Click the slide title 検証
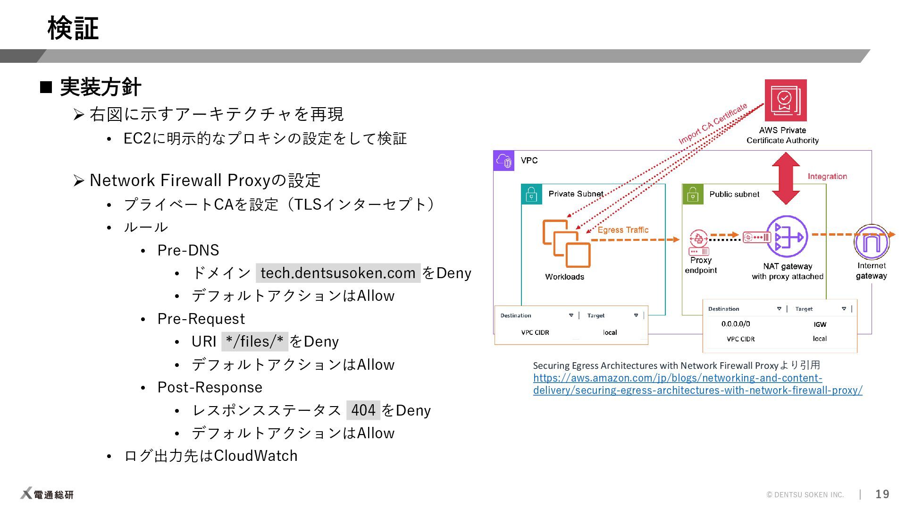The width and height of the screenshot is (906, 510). tap(73, 28)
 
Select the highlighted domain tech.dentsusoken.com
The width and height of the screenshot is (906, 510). tap(338, 273)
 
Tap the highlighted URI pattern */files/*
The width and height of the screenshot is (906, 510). tap(254, 341)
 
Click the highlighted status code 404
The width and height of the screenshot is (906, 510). tap(363, 410)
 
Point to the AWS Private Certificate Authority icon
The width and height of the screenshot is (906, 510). tap(785, 100)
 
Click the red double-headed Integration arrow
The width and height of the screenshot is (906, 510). tap(786, 178)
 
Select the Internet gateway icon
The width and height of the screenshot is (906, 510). tap(871, 242)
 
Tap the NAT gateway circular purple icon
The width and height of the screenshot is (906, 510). tap(787, 237)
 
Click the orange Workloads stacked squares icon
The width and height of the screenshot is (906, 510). tap(566, 244)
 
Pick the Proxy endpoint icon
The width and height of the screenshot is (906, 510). tap(698, 242)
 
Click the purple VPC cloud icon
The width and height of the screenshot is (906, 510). tap(504, 161)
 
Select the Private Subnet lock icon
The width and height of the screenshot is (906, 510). tap(531, 194)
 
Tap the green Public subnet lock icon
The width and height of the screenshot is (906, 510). tap(693, 194)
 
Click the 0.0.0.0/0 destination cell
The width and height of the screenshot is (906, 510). tap(735, 324)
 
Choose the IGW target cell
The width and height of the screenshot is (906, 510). tap(820, 324)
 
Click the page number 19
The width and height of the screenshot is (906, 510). tap(882, 494)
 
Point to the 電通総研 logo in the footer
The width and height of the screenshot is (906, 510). tap(47, 494)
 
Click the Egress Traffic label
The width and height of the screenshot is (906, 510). tap(623, 230)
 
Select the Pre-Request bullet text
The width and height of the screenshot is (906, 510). tap(201, 319)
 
